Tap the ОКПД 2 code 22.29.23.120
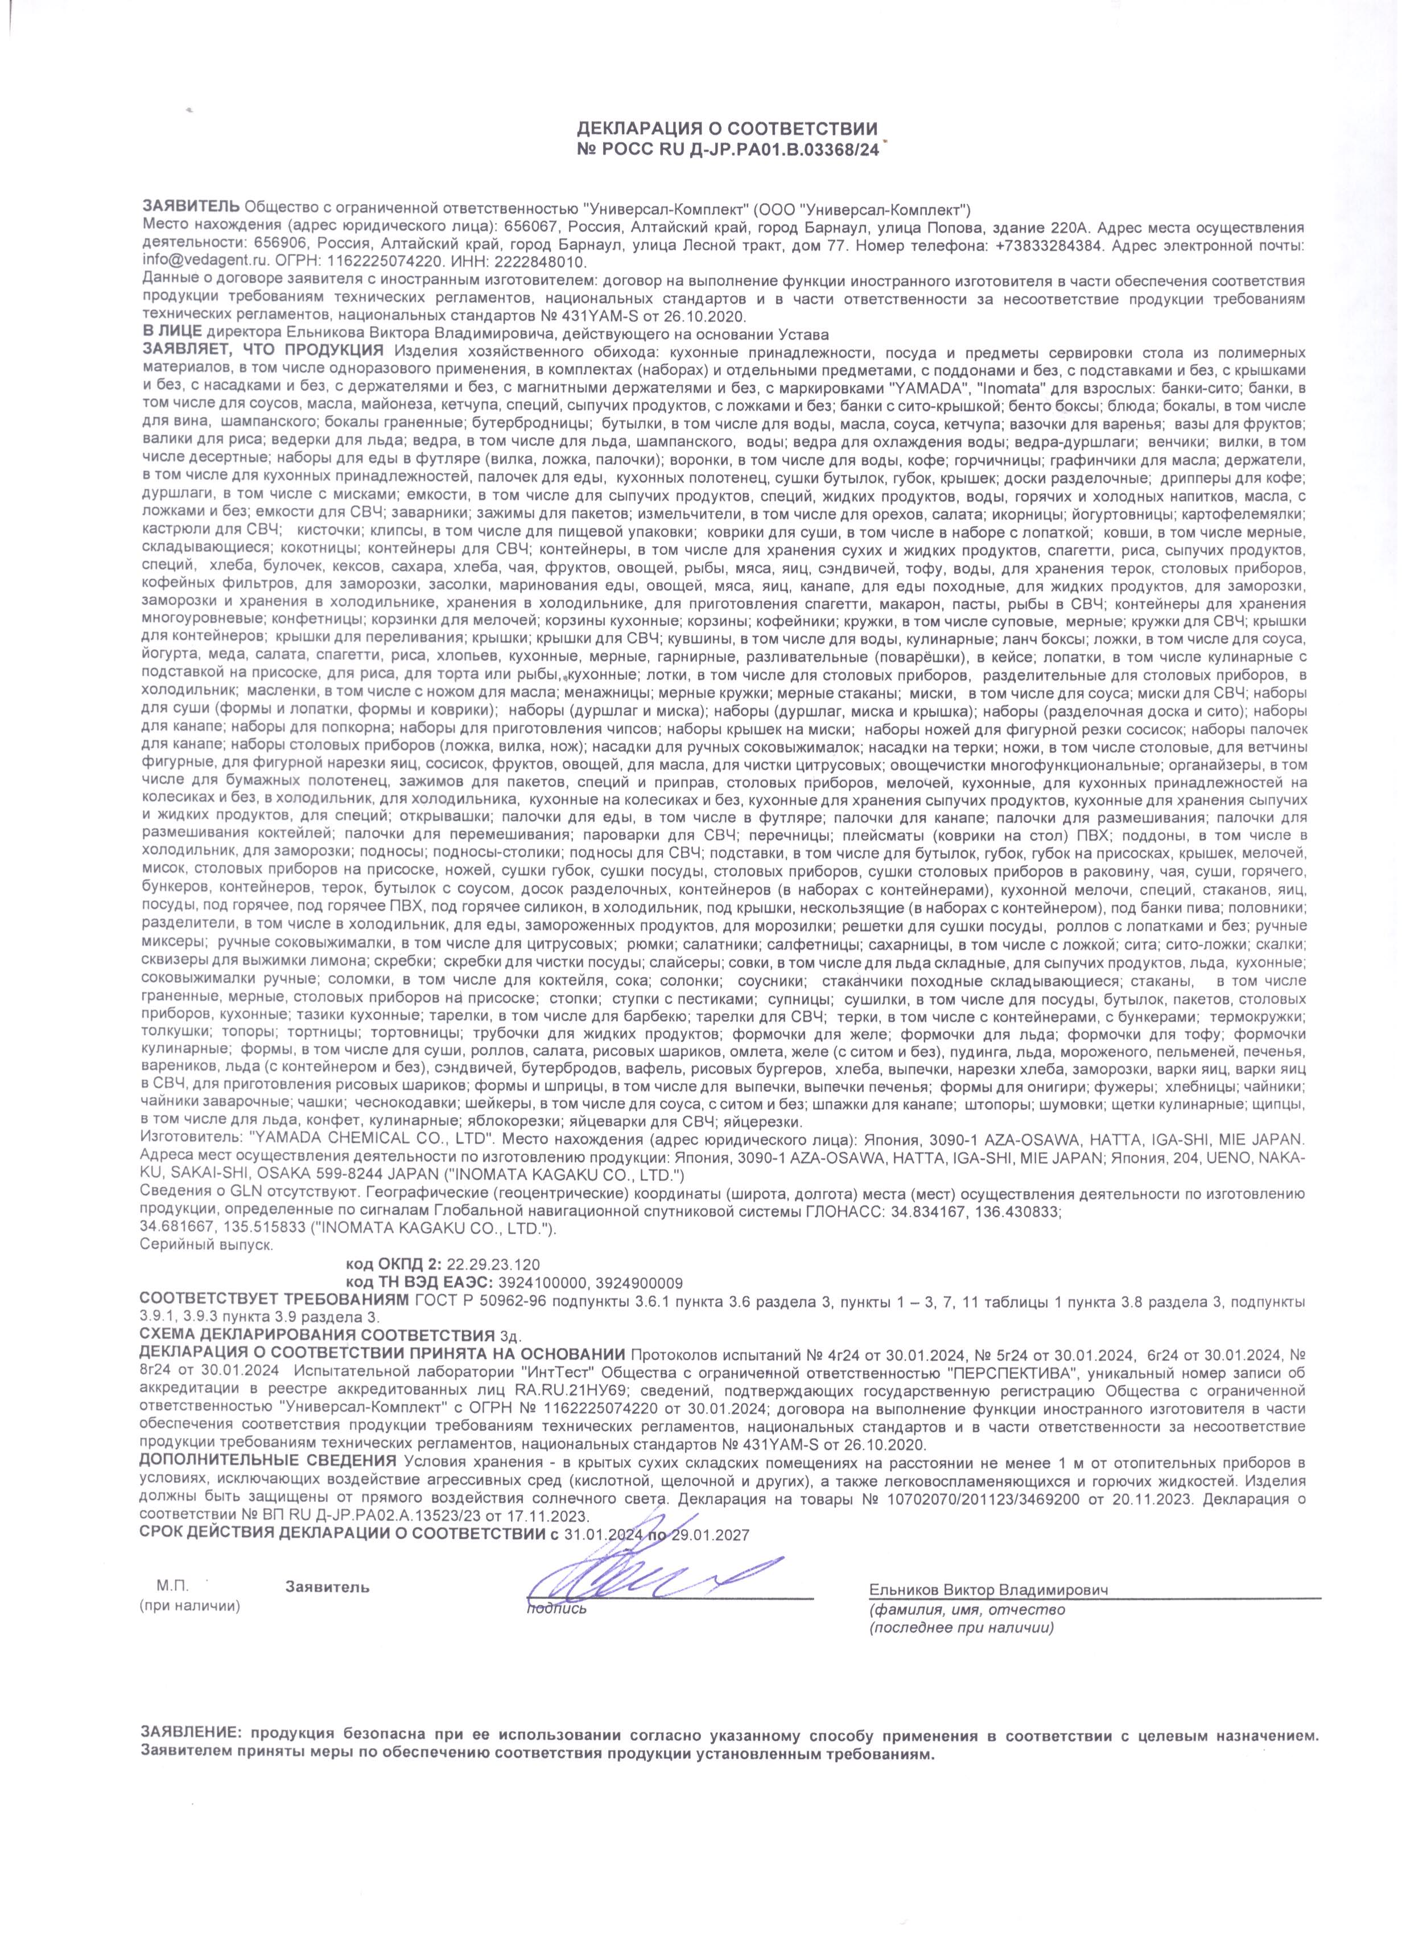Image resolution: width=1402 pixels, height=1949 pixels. [x=493, y=1264]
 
